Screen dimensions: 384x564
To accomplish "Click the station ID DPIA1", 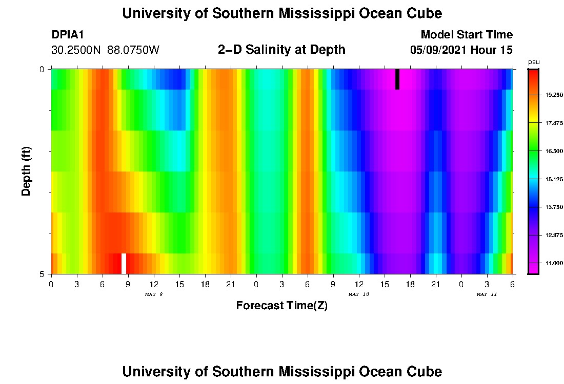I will (68, 35).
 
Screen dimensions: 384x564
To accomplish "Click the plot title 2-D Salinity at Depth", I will (281, 50).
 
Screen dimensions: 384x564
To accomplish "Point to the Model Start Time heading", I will (466, 35).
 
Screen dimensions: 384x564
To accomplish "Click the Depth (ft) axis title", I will (27, 171).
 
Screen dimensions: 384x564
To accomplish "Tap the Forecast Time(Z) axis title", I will (281, 306).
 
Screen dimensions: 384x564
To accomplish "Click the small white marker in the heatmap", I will (124, 263).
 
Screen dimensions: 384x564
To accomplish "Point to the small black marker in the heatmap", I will (397, 79).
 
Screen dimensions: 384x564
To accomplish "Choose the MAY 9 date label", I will (153, 294).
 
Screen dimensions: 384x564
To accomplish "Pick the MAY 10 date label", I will (358, 294).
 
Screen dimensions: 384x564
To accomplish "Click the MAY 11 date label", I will (487, 294).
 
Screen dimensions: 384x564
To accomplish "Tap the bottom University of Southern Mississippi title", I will (281, 372).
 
